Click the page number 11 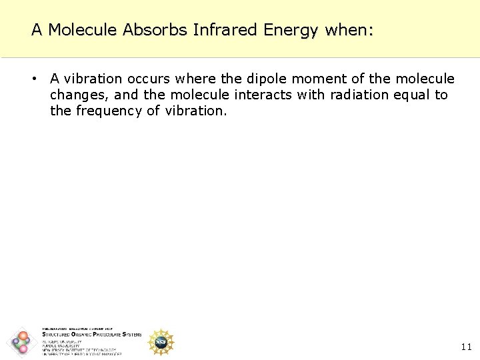[x=466, y=347]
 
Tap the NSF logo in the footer [x=161, y=342]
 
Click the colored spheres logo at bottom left [x=21, y=342]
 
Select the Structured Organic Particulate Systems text [x=91, y=335]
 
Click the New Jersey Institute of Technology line [x=79, y=350]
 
